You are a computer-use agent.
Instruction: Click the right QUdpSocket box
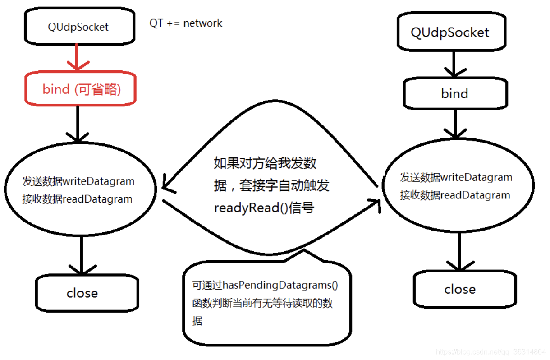pos(449,32)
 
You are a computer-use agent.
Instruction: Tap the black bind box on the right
pos(454,93)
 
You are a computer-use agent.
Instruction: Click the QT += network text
pos(186,23)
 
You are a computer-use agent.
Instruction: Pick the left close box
pos(82,293)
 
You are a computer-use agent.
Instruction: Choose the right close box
pos(460,289)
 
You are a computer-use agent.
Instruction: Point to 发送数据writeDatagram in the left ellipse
pos(78,181)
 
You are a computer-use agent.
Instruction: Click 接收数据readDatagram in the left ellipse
pos(77,199)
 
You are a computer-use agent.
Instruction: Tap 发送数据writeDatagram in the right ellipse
pos(456,177)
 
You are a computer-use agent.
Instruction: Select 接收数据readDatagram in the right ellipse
pos(455,195)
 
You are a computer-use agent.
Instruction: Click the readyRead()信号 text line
pos(264,208)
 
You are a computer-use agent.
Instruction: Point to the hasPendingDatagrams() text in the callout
pos(265,285)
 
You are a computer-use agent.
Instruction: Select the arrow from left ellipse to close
pos(82,255)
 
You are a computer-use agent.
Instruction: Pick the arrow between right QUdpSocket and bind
pos(454,65)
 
